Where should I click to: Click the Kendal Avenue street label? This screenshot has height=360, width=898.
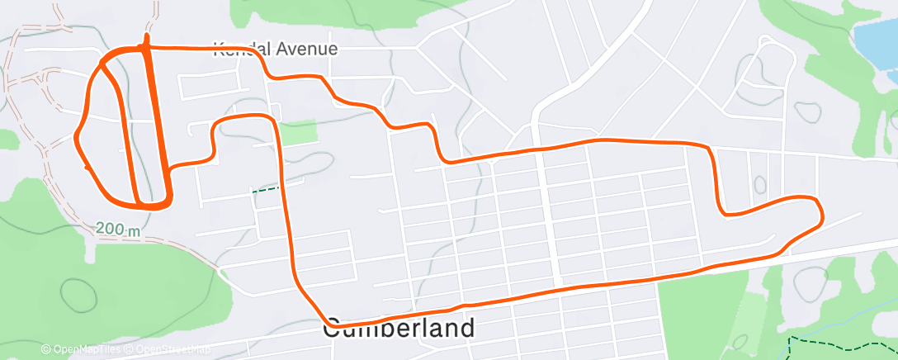tap(276, 49)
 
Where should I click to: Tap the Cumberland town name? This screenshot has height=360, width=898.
tap(399, 328)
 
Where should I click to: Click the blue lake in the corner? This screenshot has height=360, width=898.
tap(876, 41)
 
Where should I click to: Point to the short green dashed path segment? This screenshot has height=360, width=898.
tap(266, 189)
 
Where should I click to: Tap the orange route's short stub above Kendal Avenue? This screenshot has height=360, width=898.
tap(147, 39)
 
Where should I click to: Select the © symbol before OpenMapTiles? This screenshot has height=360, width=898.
tap(45, 350)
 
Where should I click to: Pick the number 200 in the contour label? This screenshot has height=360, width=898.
tap(108, 229)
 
